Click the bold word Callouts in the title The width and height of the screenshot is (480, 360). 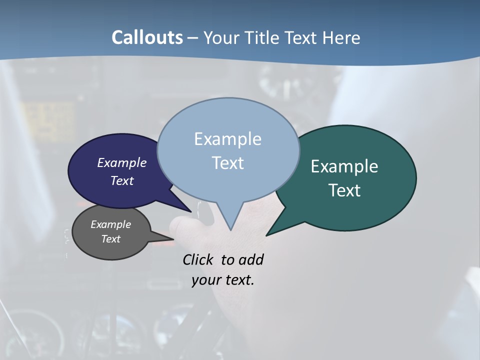click(x=147, y=37)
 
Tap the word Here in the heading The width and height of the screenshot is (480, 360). click(x=341, y=37)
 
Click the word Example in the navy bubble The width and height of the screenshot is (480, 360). click(x=122, y=162)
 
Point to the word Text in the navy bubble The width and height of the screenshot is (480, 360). click(x=122, y=180)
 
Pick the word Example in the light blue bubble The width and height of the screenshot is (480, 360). click(x=227, y=139)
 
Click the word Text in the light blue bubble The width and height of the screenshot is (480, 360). click(x=227, y=163)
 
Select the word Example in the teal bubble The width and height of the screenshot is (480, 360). click(x=344, y=166)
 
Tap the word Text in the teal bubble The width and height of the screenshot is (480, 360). click(x=344, y=190)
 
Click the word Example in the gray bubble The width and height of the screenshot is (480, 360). click(x=110, y=224)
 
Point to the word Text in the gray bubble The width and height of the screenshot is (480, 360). click(x=110, y=239)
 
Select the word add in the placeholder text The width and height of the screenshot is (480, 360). click(x=251, y=259)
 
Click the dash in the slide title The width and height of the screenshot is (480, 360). click(x=193, y=37)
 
